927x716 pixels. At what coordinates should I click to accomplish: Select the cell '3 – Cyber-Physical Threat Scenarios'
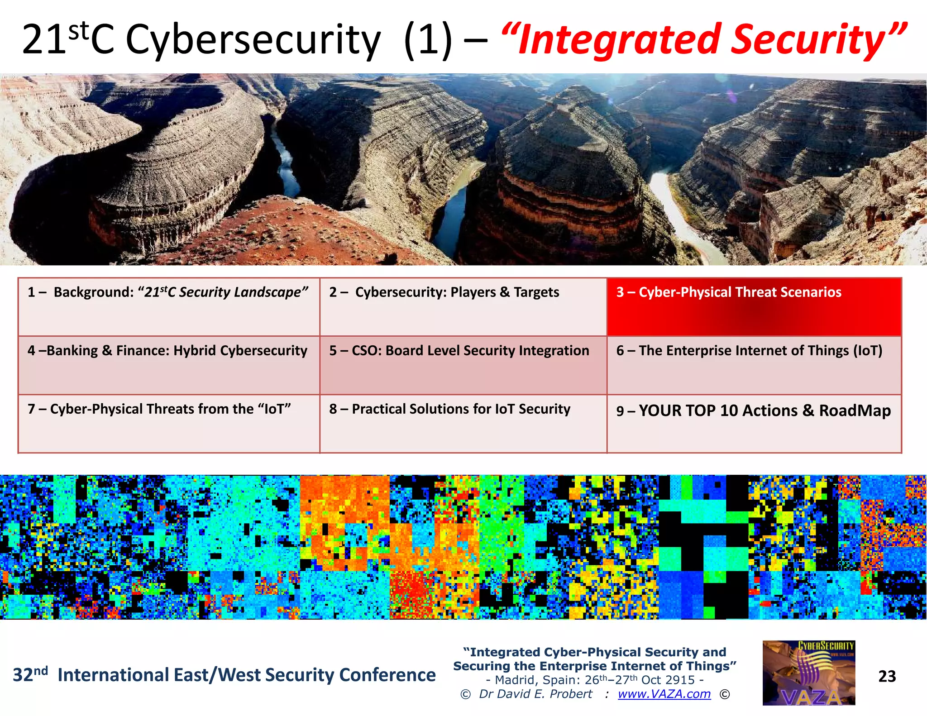(754, 307)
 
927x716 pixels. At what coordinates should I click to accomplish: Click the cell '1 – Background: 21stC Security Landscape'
(168, 307)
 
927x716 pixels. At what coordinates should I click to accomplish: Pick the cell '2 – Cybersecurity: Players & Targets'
(463, 307)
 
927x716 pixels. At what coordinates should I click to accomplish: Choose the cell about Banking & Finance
(168, 365)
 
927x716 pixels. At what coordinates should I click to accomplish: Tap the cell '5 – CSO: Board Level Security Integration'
(463, 365)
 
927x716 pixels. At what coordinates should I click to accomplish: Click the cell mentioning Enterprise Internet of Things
(754, 365)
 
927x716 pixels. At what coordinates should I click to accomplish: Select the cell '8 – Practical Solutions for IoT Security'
(463, 423)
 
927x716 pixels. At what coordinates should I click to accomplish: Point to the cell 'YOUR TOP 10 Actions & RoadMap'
(754, 423)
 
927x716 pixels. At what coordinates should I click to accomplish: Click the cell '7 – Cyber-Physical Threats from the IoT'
(168, 423)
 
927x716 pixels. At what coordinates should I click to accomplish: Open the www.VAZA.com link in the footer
(664, 694)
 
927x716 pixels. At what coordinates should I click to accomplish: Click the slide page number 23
(887, 676)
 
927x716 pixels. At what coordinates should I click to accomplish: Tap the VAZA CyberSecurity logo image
(808, 673)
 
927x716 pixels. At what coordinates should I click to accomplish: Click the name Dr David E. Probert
(535, 694)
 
